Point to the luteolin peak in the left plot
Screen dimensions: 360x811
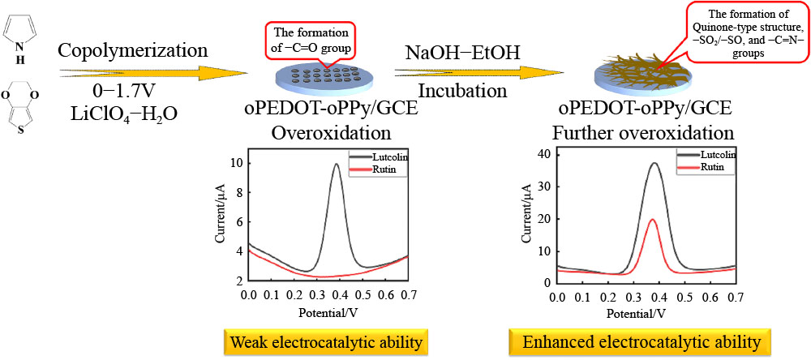336,165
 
